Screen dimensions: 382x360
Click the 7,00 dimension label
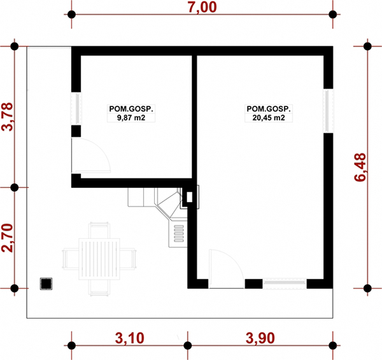202,7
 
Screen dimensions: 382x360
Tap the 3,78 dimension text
7,117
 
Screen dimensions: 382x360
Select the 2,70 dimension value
7,238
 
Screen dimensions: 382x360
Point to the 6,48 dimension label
360,167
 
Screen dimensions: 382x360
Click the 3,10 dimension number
130,338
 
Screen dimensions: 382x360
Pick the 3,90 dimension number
260,338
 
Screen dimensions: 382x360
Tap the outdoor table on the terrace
99,259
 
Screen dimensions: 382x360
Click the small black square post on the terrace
46,284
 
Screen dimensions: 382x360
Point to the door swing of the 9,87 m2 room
91,155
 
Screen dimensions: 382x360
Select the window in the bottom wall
285,283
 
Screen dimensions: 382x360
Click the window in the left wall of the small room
76,109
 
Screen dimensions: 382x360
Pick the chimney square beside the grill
189,197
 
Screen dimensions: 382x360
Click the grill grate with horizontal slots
179,233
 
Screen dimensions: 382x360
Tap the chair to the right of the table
128,259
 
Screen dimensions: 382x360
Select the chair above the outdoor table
99,230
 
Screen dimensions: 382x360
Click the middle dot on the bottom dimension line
188,345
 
